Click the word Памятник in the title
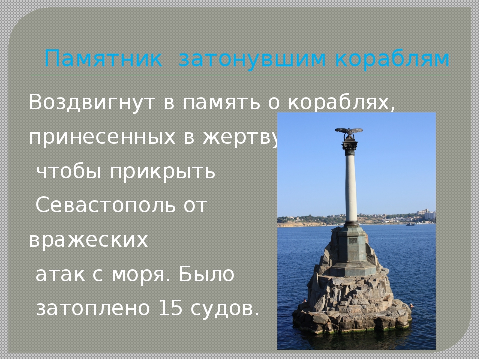[x=103, y=58]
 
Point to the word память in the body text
[x=221, y=102]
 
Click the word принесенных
[x=102, y=137]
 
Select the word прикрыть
[x=162, y=172]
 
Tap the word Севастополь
[x=106, y=205]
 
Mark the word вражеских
[x=89, y=240]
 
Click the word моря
[x=139, y=274]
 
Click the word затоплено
[x=93, y=308]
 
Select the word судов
[x=222, y=308]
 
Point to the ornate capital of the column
[x=350, y=147]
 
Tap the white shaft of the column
[x=351, y=189]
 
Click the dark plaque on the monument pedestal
[x=353, y=241]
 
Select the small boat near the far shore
[x=410, y=224]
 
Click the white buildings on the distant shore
[x=427, y=214]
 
